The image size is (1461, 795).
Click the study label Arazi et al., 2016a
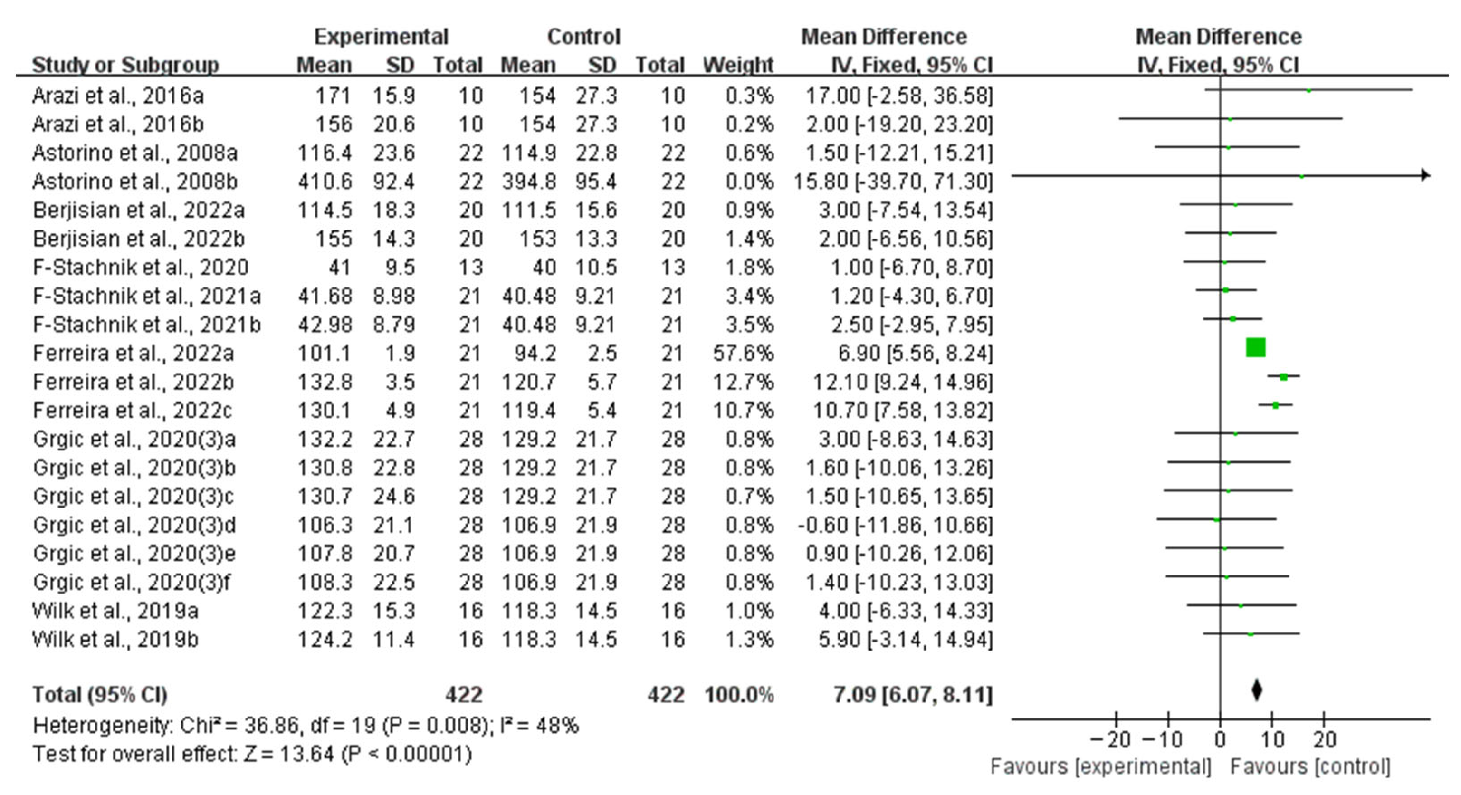tap(117, 95)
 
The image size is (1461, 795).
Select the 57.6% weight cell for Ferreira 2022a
tap(743, 353)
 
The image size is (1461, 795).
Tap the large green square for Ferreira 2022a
tap(1255, 347)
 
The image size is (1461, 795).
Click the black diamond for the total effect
tap(1256, 690)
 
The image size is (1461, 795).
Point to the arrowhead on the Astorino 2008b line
tap(1425, 175)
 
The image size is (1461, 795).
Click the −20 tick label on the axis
tap(1110, 739)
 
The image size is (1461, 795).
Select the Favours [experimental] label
tap(1100, 766)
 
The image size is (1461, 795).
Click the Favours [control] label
tap(1310, 766)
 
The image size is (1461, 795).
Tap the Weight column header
tap(737, 65)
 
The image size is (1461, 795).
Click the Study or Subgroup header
tap(125, 65)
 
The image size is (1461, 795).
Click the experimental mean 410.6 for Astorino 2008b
tap(325, 182)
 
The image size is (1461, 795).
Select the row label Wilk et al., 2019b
tap(115, 640)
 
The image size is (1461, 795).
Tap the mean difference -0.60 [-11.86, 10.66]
tap(895, 525)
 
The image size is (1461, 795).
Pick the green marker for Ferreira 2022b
tap(1283, 376)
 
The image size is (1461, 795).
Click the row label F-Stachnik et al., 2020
tap(141, 267)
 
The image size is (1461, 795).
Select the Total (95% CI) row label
tap(100, 695)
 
